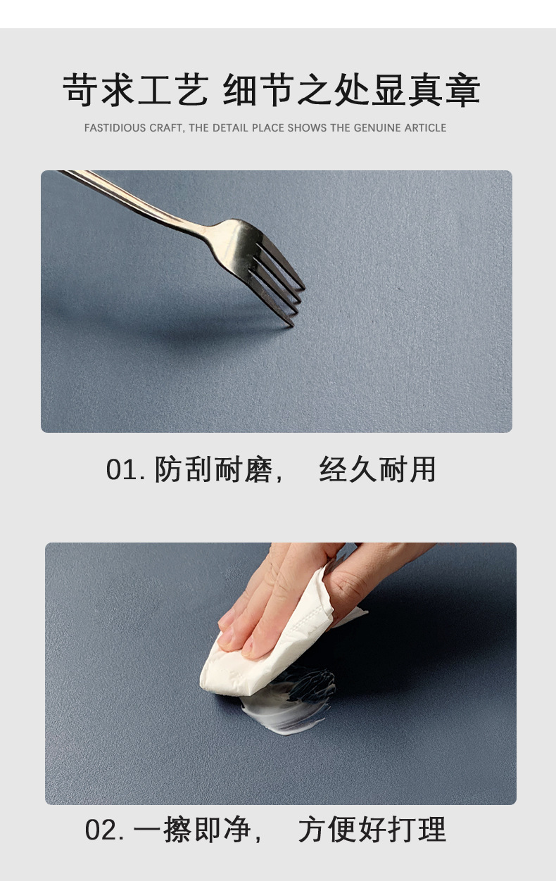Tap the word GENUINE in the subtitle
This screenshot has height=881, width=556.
point(377,128)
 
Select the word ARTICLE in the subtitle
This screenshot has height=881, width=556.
point(425,128)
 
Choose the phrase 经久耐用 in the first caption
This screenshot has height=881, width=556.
point(377,470)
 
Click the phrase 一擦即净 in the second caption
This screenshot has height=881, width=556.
point(191,830)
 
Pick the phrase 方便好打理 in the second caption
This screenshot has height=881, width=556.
point(372,830)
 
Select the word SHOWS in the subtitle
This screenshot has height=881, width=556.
point(311,128)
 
